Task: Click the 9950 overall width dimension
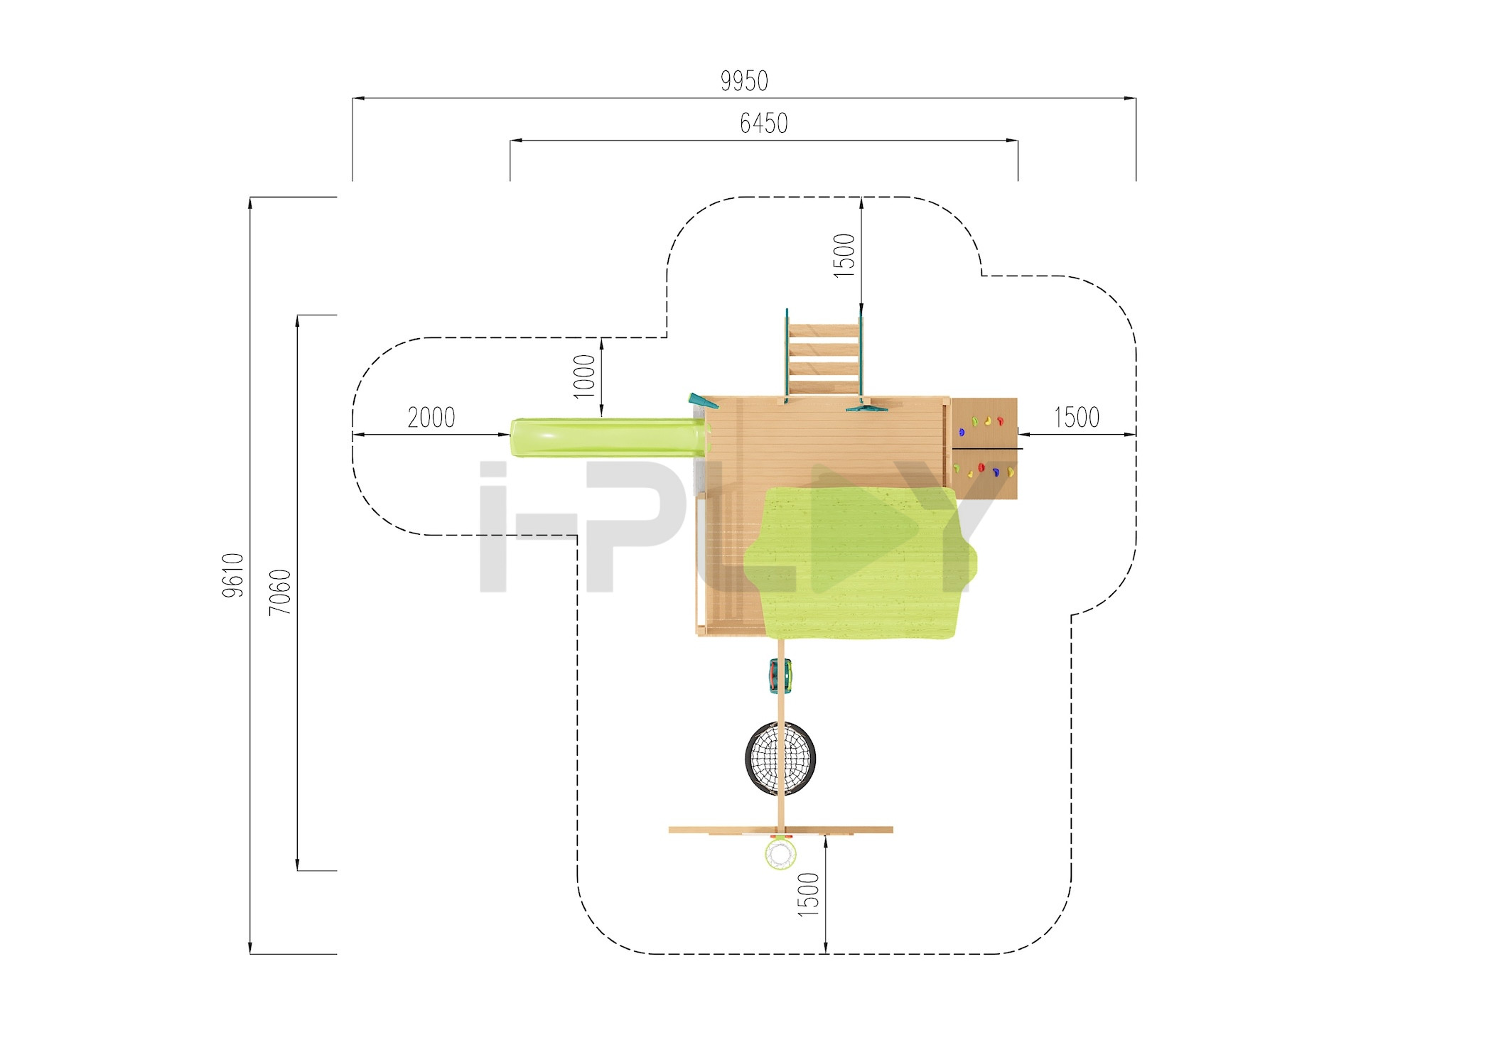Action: [744, 81]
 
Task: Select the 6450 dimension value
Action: [764, 124]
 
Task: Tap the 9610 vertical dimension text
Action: [233, 575]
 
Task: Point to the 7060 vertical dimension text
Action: [280, 592]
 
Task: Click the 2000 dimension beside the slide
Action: [431, 417]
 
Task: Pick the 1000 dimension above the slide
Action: [584, 376]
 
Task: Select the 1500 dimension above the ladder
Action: [844, 255]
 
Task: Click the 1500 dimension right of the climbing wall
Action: [1077, 417]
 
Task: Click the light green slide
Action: [610, 437]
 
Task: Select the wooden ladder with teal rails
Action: [824, 353]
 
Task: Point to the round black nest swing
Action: [780, 758]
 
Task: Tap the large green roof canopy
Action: [860, 562]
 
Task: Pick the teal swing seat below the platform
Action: [780, 676]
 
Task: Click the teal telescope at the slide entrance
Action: [703, 401]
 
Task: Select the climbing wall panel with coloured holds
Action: [984, 448]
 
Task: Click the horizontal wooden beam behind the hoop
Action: [780, 830]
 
